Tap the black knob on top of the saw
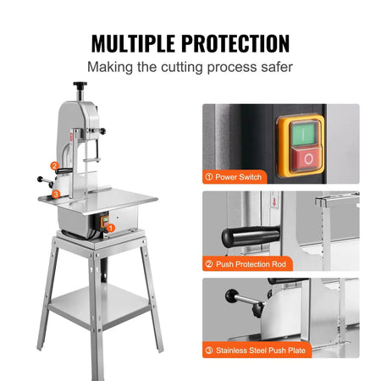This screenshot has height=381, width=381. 81,86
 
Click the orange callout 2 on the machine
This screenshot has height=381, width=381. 55,166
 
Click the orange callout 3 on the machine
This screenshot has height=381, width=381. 55,193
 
